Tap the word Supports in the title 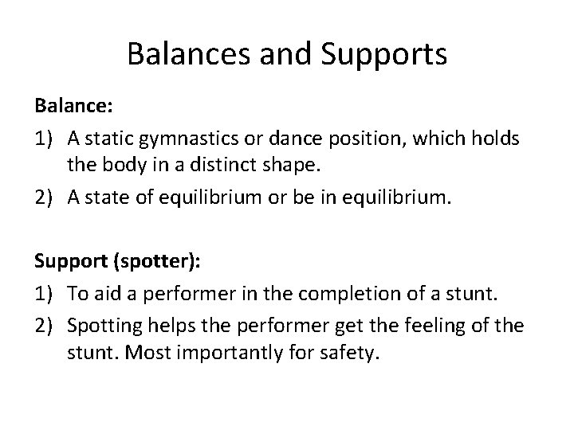click(385, 56)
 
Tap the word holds click(498, 139)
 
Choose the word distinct click(220, 166)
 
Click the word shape click(285, 166)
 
